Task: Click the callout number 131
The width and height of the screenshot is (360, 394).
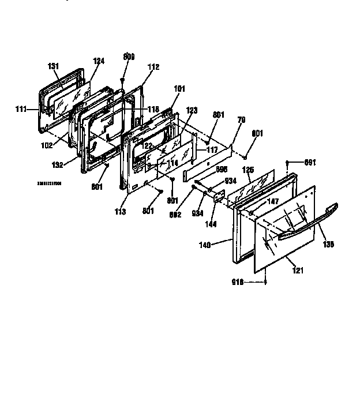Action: point(54,66)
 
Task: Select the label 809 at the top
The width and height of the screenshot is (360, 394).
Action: point(129,57)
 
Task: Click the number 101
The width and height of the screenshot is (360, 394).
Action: point(180,89)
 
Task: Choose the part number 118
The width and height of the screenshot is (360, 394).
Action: point(153,109)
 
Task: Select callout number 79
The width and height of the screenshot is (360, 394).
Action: point(242,121)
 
